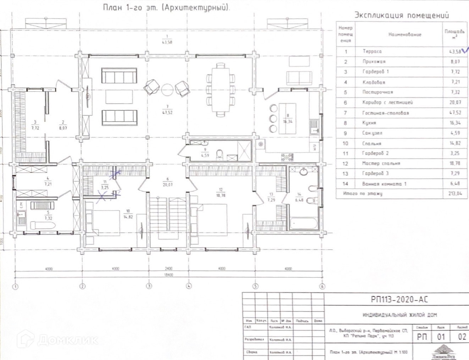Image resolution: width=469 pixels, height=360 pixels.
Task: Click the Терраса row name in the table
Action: click(372, 51)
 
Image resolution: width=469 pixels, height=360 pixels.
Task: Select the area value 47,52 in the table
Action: click(455, 113)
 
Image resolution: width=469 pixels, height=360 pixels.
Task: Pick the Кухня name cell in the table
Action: click(369, 123)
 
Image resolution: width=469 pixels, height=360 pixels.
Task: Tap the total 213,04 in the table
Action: click(455, 194)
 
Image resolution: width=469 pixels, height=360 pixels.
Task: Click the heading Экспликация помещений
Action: click(402, 15)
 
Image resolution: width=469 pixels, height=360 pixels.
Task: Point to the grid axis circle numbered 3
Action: click(149, 286)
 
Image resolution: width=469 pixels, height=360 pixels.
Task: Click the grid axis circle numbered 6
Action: click(322, 286)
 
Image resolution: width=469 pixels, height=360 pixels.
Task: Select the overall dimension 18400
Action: click(168, 275)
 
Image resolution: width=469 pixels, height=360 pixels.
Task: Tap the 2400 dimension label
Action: click(168, 268)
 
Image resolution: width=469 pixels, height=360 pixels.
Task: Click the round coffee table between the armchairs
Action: click(167, 90)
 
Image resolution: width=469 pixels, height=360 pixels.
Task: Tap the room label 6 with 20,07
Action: click(167, 182)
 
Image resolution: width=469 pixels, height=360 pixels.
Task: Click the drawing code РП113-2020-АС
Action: click(399, 300)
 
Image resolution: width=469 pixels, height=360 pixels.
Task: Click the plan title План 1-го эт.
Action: click(166, 7)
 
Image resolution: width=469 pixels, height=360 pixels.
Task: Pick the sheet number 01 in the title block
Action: click(441, 337)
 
